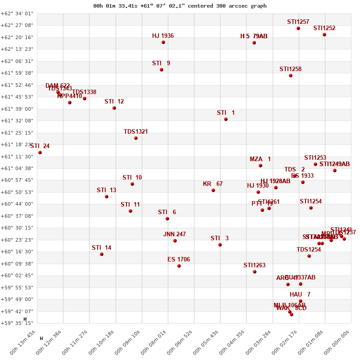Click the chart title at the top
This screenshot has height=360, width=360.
180,6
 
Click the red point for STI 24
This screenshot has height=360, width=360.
40,153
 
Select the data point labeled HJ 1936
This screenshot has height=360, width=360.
163,42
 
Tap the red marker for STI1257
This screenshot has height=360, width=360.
298,28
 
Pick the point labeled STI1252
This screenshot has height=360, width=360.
324,35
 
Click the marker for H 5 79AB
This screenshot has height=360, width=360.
254,43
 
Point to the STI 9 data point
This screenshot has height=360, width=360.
162,70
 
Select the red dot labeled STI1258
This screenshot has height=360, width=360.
291,76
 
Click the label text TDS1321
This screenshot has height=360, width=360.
136,132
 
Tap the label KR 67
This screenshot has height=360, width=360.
213,184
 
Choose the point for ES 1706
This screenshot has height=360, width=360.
179,266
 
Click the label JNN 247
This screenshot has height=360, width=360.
175,234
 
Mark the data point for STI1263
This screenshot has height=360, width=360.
255,272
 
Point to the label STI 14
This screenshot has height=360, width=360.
101,248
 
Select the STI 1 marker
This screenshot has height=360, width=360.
226,119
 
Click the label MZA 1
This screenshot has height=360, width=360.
260,159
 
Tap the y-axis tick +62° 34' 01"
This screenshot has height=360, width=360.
17,13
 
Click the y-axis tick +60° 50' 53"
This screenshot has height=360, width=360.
17,192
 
